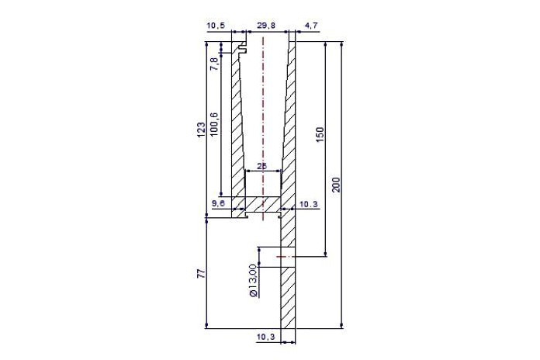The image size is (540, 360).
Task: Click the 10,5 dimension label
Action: click(x=216, y=26)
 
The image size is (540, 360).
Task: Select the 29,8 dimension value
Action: click(x=266, y=26)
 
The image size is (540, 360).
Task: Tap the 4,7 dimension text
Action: click(x=310, y=26)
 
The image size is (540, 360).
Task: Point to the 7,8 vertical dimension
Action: click(x=213, y=64)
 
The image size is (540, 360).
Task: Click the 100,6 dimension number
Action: click(x=213, y=124)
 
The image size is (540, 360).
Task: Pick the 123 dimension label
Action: click(x=201, y=130)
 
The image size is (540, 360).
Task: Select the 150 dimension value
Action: click(x=320, y=135)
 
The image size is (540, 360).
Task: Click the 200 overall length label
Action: click(x=336, y=185)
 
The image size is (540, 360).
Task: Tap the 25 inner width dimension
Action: click(x=262, y=166)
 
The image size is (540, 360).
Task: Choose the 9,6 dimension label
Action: click(x=218, y=203)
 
